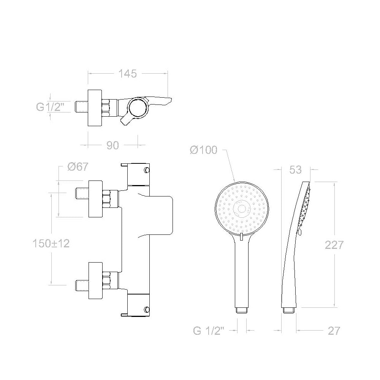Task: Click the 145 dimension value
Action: (127, 73)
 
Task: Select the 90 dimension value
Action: (112, 145)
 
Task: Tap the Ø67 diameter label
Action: (78, 167)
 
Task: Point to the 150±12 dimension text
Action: (51, 244)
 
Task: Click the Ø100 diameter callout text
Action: (204, 150)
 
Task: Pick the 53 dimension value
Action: (295, 170)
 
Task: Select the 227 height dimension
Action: (334, 245)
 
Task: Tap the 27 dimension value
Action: (334, 331)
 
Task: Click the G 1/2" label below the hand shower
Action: (209, 331)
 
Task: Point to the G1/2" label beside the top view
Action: (51, 107)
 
